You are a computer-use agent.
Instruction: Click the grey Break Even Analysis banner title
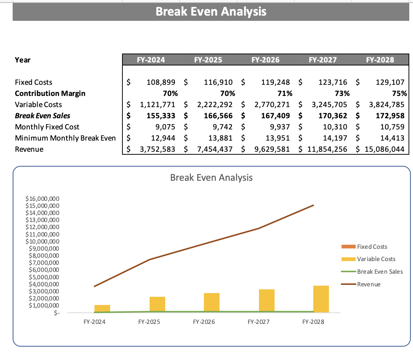211,12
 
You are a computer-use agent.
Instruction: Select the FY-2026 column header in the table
265,60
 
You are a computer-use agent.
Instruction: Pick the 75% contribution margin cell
400,93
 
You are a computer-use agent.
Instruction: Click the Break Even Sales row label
42,116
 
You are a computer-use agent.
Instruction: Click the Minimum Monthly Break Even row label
65,138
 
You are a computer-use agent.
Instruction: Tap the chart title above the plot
211,177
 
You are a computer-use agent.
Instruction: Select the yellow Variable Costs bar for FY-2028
321,299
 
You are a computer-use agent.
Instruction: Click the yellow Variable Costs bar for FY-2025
157,305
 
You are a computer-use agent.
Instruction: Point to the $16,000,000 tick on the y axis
42,199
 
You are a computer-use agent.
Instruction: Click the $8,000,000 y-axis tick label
42,255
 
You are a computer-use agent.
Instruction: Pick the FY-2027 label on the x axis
259,322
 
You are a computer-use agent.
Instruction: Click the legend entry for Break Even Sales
380,271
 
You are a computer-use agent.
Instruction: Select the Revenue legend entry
368,284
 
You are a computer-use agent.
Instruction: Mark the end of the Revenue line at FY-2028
313,205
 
